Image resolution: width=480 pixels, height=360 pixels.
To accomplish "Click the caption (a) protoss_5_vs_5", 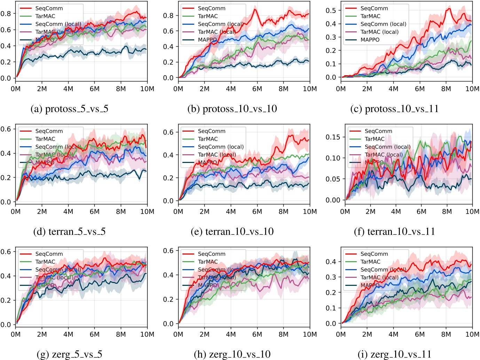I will point(70,109).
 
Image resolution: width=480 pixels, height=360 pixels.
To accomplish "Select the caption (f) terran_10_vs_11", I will point(394,232).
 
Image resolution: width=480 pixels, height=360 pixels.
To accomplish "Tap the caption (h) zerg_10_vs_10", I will point(232,354).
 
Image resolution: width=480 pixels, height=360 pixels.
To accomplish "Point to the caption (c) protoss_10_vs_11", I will point(394,109).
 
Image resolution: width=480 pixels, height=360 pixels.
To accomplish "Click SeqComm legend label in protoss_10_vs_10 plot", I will point(212,8).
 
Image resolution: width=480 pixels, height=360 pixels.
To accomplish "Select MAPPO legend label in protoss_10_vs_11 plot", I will point(370,40).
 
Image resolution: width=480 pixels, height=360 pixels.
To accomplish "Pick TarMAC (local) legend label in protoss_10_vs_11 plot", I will point(379,32).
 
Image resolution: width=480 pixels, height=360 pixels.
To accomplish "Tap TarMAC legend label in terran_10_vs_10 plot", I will point(208,139).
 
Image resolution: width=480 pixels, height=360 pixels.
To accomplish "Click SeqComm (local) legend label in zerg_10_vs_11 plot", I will point(383,270).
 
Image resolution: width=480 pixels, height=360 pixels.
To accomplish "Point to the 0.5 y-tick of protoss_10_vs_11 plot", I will point(331,10).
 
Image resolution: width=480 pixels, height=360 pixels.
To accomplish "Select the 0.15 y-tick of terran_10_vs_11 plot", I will point(333,137).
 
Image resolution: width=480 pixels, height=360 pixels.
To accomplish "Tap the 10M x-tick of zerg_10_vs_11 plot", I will point(472,334).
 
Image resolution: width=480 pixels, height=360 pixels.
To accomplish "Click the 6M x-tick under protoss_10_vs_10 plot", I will point(257,89).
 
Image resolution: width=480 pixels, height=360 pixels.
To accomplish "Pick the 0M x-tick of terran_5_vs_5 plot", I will point(16,212).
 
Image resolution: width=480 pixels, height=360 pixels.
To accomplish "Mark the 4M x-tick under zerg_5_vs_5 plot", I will point(68,334).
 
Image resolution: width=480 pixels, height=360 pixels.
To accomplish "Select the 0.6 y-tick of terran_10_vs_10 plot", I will point(168,132).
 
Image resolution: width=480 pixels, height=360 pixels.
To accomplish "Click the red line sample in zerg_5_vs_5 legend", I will point(26,254).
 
